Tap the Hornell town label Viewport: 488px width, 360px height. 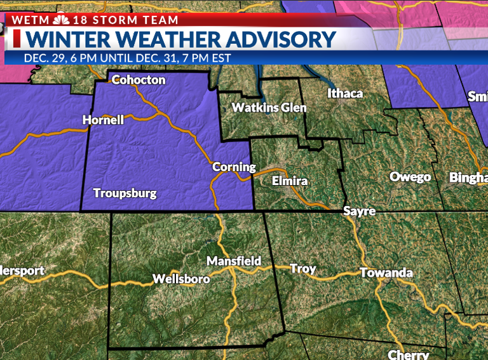[x=103, y=120]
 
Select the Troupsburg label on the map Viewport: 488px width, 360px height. [x=125, y=193]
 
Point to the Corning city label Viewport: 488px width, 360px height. [x=234, y=167]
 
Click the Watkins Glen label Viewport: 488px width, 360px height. [x=269, y=107]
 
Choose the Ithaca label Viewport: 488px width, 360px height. [x=345, y=94]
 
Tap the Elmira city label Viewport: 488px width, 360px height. [x=290, y=182]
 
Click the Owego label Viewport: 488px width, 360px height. [x=410, y=177]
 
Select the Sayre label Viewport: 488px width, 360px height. [x=360, y=211]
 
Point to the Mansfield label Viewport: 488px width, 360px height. [x=234, y=261]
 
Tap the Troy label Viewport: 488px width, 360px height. [x=303, y=269]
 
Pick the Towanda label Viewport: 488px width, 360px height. [x=386, y=273]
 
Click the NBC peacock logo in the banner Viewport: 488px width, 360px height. [x=62, y=19]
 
